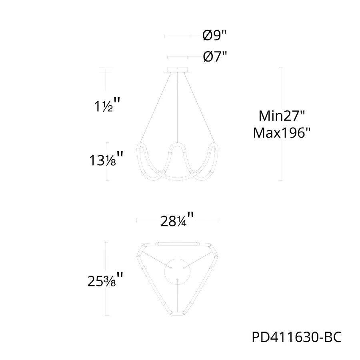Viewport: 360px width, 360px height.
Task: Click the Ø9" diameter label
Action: coord(214,35)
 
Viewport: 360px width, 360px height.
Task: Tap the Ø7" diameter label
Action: coord(215,56)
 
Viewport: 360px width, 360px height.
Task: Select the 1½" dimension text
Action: coord(107,105)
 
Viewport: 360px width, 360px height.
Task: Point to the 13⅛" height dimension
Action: coord(106,159)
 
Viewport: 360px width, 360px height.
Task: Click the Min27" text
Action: coord(282,116)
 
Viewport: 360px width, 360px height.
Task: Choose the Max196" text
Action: coord(282,132)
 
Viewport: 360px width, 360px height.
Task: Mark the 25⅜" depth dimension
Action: coord(105,280)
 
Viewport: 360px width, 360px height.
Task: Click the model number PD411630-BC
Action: coord(297,337)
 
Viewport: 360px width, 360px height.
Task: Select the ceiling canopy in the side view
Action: coord(178,70)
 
